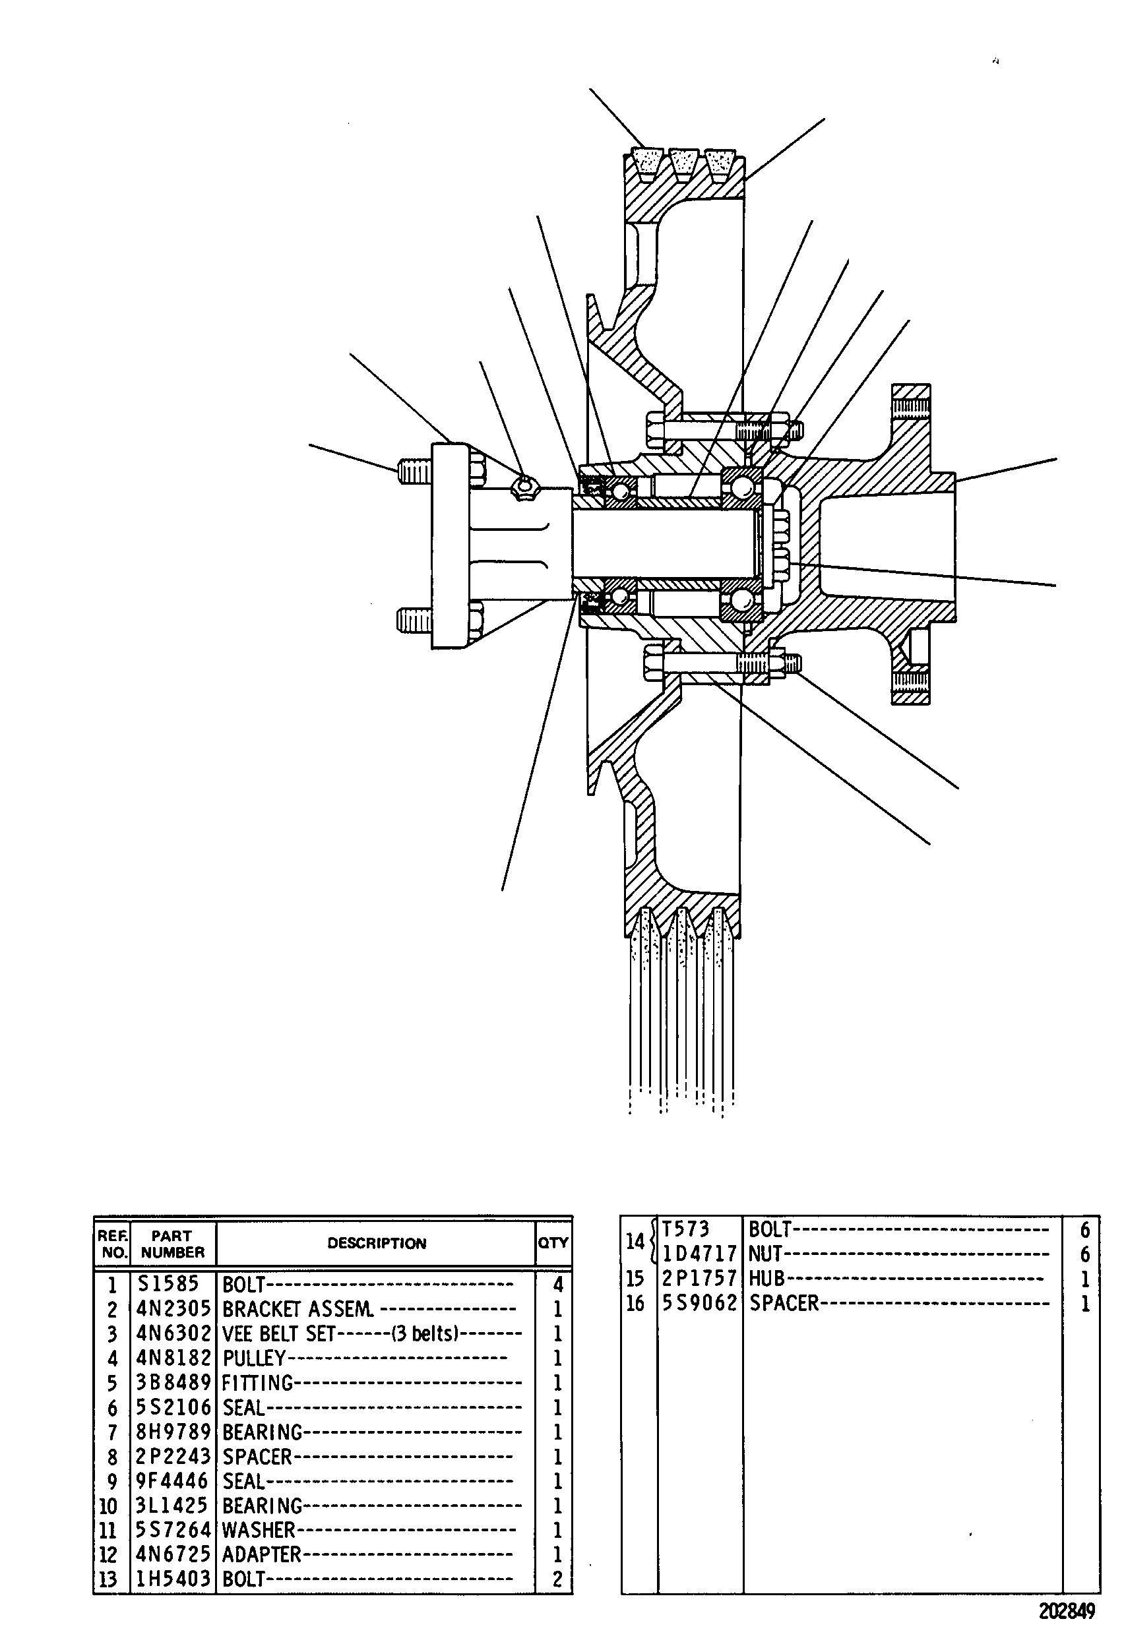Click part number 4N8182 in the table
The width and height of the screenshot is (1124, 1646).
click(173, 1358)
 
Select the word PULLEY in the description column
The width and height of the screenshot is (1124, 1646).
click(254, 1358)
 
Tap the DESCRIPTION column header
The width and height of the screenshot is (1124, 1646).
click(377, 1243)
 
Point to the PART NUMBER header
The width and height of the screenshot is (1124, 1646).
click(172, 1244)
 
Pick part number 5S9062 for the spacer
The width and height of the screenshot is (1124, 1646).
click(700, 1303)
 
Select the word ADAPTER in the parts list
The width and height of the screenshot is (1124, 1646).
click(261, 1554)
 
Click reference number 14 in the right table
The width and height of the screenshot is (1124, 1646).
click(635, 1241)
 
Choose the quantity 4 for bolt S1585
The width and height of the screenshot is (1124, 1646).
click(557, 1284)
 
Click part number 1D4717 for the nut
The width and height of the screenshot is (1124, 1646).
click(700, 1254)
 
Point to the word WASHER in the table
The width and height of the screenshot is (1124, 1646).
click(259, 1530)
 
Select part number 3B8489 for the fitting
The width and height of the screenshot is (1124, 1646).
click(173, 1382)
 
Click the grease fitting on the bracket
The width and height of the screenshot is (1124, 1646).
click(525, 487)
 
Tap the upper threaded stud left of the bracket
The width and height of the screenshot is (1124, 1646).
click(414, 471)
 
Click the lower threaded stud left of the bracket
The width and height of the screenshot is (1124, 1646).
click(414, 621)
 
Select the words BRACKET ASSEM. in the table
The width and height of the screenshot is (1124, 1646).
click(298, 1309)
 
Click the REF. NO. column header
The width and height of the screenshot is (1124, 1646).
click(113, 1244)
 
